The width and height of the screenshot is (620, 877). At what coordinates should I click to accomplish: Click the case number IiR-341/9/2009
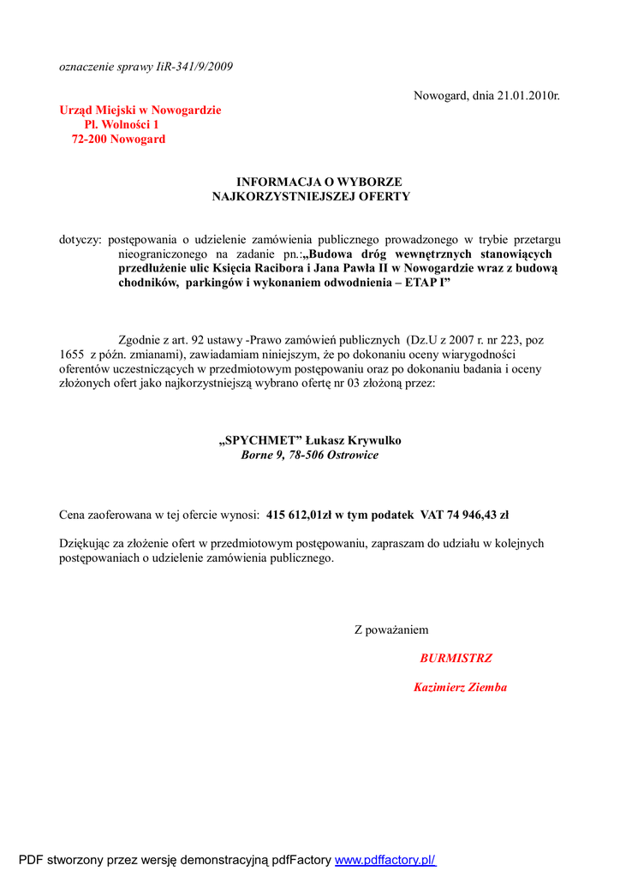[x=194, y=66]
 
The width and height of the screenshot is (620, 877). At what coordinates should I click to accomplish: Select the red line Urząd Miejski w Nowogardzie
[x=140, y=110]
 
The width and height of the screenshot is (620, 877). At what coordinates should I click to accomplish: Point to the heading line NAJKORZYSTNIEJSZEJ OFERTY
[x=311, y=196]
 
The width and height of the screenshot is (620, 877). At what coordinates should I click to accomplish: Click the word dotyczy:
[x=80, y=241]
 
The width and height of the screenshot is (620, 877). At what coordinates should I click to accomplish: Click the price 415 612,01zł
[x=299, y=515]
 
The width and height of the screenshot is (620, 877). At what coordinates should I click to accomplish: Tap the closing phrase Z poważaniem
[x=391, y=630]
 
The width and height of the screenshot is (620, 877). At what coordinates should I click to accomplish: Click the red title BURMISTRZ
[x=456, y=659]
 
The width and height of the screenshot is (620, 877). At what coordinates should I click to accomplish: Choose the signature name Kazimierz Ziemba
[x=460, y=687]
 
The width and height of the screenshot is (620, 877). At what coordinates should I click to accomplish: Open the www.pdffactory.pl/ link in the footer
[x=385, y=860]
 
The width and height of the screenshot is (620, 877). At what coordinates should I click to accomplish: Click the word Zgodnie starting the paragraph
[x=140, y=340]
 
